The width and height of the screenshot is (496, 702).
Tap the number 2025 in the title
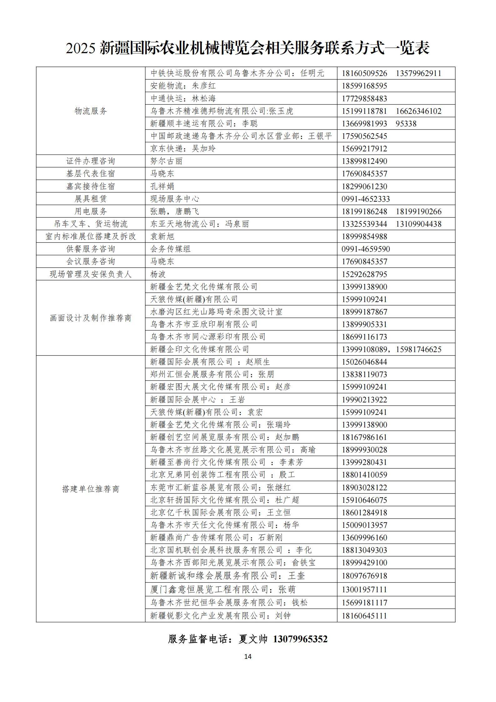pos(80,48)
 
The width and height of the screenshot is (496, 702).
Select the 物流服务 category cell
pos(91,111)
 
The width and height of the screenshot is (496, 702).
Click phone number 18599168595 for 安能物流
pos(364,86)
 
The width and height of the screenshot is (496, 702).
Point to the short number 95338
pos(406,124)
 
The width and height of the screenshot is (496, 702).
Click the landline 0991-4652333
pos(365,199)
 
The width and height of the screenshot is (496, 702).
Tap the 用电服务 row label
pos(91,211)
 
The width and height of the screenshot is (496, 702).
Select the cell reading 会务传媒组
pos(170,249)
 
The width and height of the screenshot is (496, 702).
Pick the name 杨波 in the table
pos(158,274)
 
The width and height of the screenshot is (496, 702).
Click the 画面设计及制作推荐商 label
pos(91,318)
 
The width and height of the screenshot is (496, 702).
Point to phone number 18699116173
pos(364,337)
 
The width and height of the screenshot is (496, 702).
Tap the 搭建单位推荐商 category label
pos(91,489)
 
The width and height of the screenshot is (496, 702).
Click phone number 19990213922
pos(364,400)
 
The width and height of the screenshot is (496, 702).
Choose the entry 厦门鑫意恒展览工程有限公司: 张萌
pos(223,590)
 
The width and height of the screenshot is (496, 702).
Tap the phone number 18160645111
pos(364,616)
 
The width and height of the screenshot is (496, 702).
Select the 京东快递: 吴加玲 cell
pos(183,149)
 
